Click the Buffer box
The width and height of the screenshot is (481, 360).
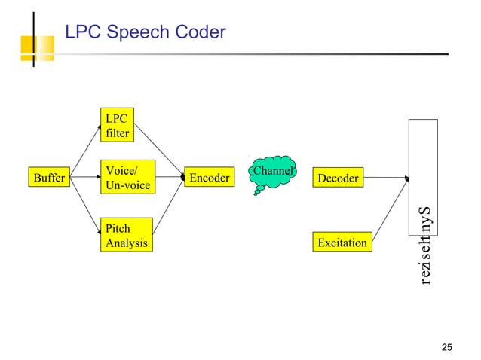[47, 178]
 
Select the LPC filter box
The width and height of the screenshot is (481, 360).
[118, 126]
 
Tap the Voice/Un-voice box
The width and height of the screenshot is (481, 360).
[127, 178]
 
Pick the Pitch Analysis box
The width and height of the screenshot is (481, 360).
[127, 236]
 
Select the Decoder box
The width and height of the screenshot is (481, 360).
[338, 178]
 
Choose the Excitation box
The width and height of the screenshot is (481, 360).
[342, 243]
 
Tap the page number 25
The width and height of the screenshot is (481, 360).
[447, 347]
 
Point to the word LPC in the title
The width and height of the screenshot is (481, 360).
[81, 32]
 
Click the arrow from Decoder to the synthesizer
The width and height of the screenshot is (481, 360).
[385, 178]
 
